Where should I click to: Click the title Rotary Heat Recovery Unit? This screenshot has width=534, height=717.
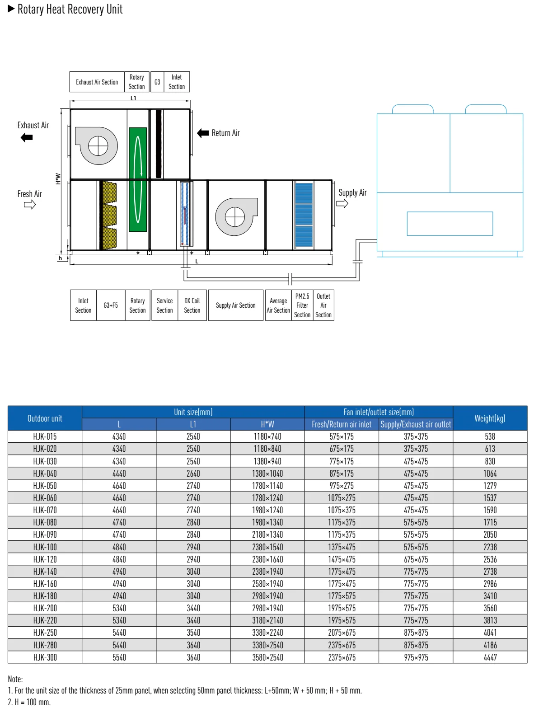tap(70, 9)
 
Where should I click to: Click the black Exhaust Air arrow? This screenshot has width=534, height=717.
tap(27, 138)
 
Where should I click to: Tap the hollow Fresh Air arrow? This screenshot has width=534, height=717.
tap(29, 205)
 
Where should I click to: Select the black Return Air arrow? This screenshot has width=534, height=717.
tap(203, 133)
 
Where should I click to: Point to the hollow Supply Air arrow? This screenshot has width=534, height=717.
tap(342, 203)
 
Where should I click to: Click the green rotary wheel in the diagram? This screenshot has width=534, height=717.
tap(138, 179)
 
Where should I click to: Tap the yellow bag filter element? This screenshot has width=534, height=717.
tap(108, 215)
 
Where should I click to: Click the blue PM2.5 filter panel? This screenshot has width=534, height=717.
tap(304, 215)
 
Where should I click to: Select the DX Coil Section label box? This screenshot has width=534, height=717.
tap(192, 305)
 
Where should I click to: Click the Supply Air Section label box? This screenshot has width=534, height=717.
tap(235, 305)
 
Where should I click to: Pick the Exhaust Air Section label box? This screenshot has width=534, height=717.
tap(97, 82)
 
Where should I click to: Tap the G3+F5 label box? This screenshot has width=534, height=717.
tap(111, 305)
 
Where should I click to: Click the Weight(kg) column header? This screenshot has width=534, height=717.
tap(490, 418)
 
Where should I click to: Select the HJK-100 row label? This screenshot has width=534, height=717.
tap(45, 547)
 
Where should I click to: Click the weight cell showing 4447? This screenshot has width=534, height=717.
tap(490, 657)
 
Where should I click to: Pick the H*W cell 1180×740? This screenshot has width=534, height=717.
tap(267, 436)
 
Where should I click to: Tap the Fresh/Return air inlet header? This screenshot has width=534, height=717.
tap(342, 424)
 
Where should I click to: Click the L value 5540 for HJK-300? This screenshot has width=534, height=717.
tap(119, 657)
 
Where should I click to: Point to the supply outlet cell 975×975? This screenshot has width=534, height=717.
tap(416, 657)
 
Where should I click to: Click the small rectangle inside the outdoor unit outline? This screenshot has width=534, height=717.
tap(450, 224)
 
